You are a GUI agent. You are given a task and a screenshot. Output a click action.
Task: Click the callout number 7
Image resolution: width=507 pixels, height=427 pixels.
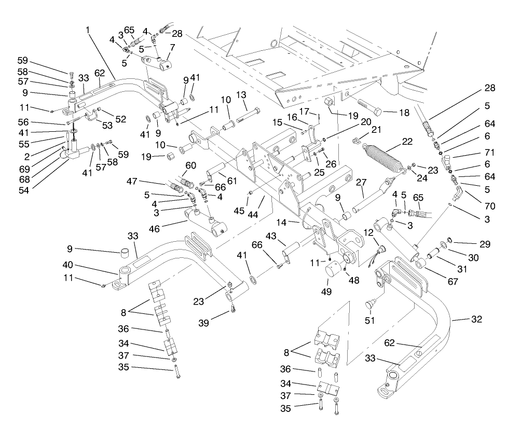tap(172, 48)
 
